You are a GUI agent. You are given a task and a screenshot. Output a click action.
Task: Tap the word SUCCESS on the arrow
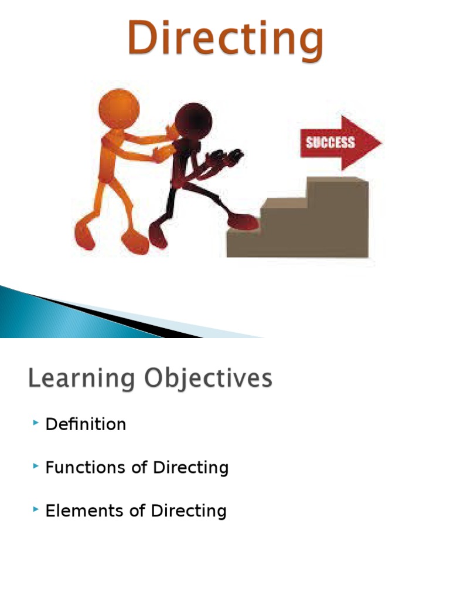point(330,142)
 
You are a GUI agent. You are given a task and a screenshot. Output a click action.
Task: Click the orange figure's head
point(120,109)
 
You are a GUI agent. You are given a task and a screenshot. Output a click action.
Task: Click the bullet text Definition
point(86,424)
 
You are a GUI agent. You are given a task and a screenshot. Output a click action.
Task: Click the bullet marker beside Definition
point(36,423)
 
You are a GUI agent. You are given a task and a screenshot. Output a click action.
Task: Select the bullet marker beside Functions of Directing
point(36,466)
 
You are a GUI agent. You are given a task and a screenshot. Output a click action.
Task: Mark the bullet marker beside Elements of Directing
point(36,509)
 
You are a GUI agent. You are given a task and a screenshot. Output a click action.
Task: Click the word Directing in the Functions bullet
point(190,468)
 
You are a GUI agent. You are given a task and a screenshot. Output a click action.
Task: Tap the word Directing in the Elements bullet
point(189,511)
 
